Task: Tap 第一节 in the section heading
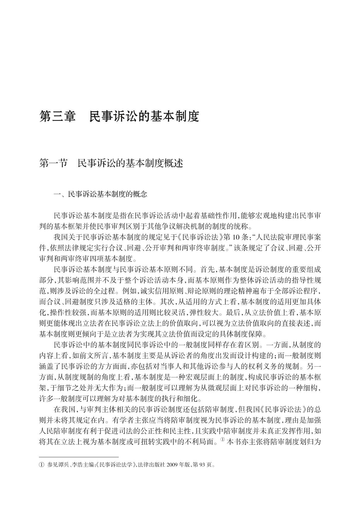click(53, 163)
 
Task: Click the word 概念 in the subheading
click(140, 194)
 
